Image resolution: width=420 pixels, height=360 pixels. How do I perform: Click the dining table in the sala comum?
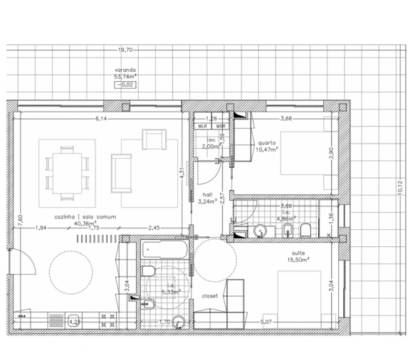[67, 169]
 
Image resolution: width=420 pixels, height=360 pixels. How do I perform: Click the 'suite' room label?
[298, 253]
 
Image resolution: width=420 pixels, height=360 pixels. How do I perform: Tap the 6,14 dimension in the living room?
[102, 120]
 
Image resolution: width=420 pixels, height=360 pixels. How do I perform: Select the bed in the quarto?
[305, 152]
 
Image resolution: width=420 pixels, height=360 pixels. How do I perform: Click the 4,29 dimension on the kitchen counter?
[74, 322]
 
